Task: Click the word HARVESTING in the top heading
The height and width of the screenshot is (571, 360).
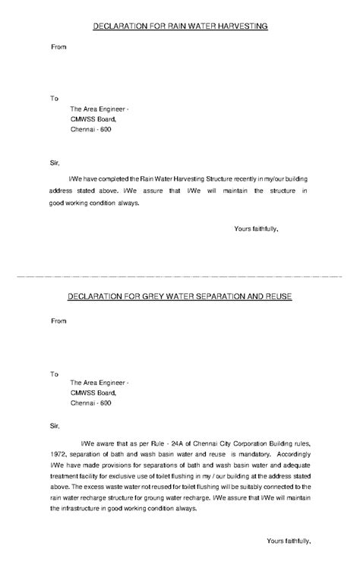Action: click(x=240, y=27)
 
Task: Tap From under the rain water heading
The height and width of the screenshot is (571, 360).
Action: click(x=58, y=47)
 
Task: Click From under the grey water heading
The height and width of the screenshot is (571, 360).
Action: click(x=58, y=320)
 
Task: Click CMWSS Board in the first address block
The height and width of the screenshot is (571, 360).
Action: click(x=93, y=119)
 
